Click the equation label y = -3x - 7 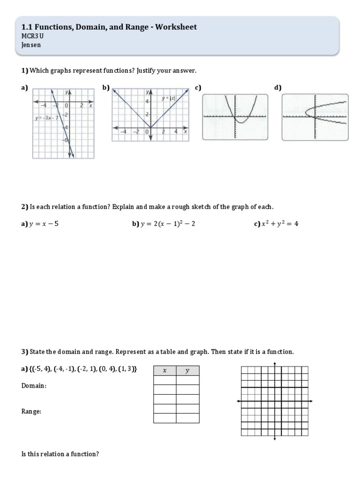pos(45,117)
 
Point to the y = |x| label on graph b pos(168,98)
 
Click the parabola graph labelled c pos(235,117)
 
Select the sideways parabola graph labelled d pos(315,117)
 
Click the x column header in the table pos(165,371)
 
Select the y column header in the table pos(187,371)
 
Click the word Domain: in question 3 pos(34,386)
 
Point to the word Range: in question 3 pos(31,411)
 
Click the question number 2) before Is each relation pos(25,207)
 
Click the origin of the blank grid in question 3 pos(275,401)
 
